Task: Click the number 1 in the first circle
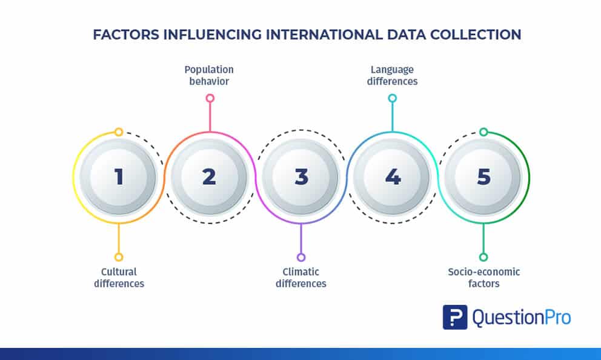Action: coord(119,177)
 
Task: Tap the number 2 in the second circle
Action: coord(209,177)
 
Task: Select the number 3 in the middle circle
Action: coord(301,177)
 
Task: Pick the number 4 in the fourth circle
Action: coord(393,177)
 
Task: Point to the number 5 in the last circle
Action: coord(483,177)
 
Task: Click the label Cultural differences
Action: coord(119,278)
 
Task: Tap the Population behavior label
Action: coord(209,75)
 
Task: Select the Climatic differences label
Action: coord(301,278)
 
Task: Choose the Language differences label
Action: coord(392,75)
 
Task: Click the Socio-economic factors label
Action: coord(483,278)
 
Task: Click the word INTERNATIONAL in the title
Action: coord(324,35)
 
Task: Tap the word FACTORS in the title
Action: coord(126,35)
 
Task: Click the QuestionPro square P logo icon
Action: coord(455,317)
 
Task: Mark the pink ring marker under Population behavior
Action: coord(210,98)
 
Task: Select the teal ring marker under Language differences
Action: coord(392,98)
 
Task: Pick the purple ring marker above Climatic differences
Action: coord(301,257)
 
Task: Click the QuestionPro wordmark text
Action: coord(522,318)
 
